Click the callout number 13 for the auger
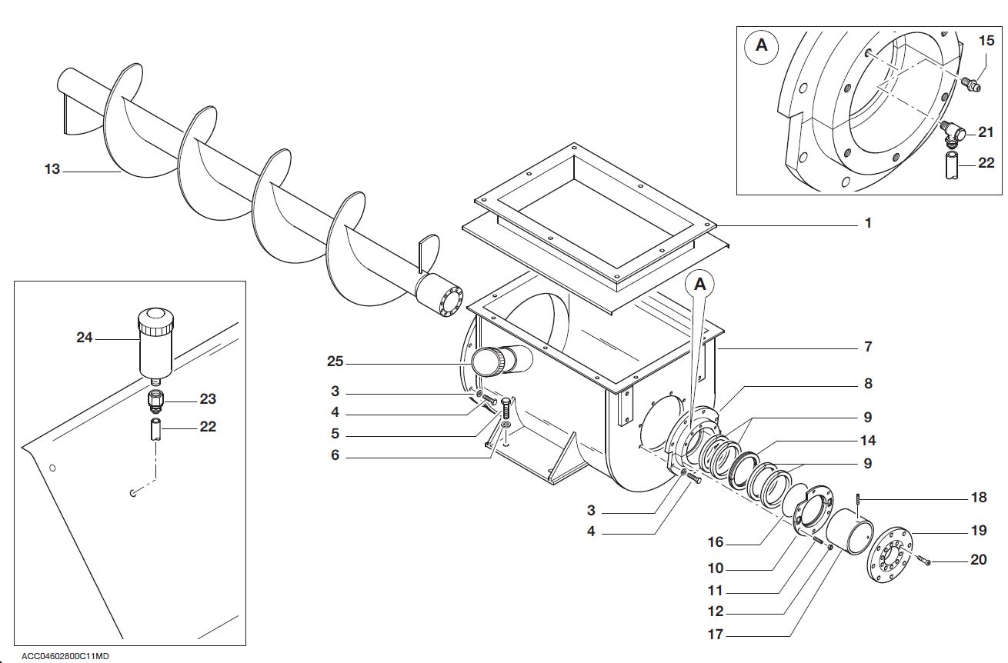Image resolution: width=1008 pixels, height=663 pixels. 52,169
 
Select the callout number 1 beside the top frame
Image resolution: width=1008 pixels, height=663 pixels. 868,224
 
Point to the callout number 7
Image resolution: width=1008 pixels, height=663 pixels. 868,347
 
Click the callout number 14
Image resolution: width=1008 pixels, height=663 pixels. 868,441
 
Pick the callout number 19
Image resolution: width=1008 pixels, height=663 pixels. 978,530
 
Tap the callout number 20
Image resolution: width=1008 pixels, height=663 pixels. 978,560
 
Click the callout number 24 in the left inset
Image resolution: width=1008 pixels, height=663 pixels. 85,337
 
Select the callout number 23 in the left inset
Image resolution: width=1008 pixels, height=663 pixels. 208,399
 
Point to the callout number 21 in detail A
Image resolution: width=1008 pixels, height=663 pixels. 986,132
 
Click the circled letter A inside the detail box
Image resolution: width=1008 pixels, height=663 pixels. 761,45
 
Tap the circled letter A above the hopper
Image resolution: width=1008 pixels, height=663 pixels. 699,284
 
